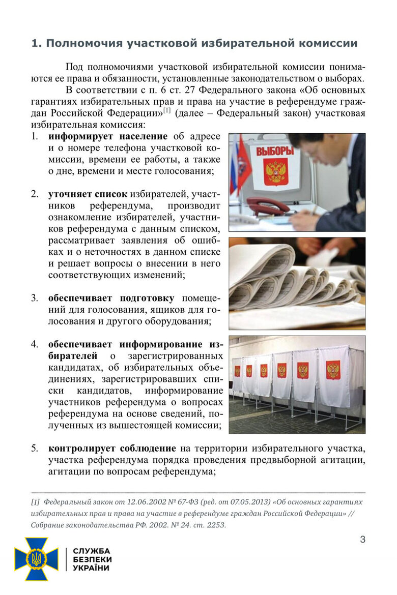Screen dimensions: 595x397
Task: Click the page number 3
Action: tap(362, 540)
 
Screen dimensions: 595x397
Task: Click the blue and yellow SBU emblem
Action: tap(36, 559)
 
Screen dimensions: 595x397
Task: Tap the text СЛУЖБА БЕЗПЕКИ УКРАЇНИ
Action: tap(92, 559)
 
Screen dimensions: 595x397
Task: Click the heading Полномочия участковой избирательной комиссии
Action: tap(194, 43)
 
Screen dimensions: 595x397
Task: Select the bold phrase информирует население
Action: tap(108, 137)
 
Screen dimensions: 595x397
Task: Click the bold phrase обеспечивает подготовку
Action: tap(111, 298)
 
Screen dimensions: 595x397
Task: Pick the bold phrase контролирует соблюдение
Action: tap(112, 449)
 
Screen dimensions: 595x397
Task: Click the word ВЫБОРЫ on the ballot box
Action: tap(274, 151)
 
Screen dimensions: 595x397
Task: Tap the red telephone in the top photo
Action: tap(267, 206)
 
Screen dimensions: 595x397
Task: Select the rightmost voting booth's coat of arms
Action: tap(333, 370)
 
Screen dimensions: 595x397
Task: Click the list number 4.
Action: tap(34, 344)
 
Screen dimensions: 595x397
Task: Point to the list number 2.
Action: tap(34, 194)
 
